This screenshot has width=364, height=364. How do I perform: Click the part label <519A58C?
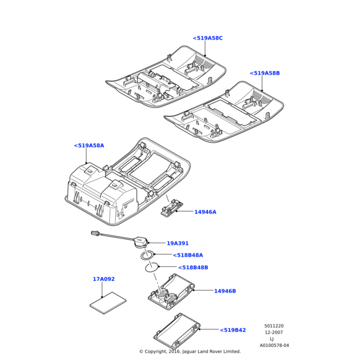[208, 38]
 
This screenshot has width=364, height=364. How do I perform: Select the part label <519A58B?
[265, 73]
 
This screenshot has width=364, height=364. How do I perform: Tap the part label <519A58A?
[89, 146]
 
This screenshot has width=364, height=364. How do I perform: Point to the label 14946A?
[205, 212]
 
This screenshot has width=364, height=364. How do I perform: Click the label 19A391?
[178, 243]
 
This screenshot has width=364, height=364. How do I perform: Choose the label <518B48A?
[188, 255]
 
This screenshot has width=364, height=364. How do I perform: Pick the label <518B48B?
[193, 267]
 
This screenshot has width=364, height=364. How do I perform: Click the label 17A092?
[104, 279]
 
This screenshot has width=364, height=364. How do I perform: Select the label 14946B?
[224, 291]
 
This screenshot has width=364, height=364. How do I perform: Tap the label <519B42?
[233, 330]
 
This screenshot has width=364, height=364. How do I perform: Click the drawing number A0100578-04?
[274, 346]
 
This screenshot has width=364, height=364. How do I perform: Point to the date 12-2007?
[274, 332]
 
